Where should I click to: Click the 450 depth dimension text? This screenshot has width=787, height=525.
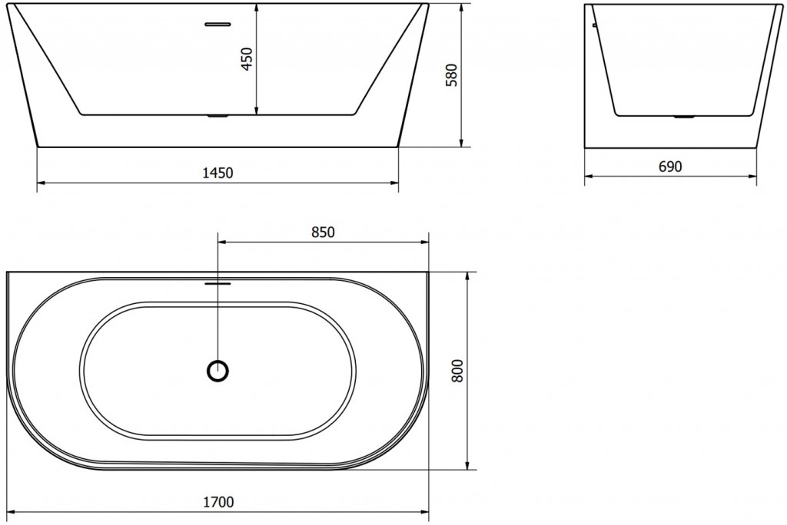(246, 58)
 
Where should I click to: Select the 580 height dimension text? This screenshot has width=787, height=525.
(451, 75)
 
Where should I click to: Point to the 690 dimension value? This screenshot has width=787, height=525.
(671, 167)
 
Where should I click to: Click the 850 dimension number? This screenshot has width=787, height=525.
(323, 233)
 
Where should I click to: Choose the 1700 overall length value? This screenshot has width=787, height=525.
(219, 503)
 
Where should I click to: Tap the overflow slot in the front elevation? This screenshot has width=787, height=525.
(218, 23)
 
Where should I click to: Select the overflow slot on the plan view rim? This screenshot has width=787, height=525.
(218, 281)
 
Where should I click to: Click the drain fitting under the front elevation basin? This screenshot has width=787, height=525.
(218, 117)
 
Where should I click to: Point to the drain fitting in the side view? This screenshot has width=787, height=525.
(682, 117)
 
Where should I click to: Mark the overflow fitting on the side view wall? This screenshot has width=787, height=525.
(594, 25)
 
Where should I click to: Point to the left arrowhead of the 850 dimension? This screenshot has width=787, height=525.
(223, 243)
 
